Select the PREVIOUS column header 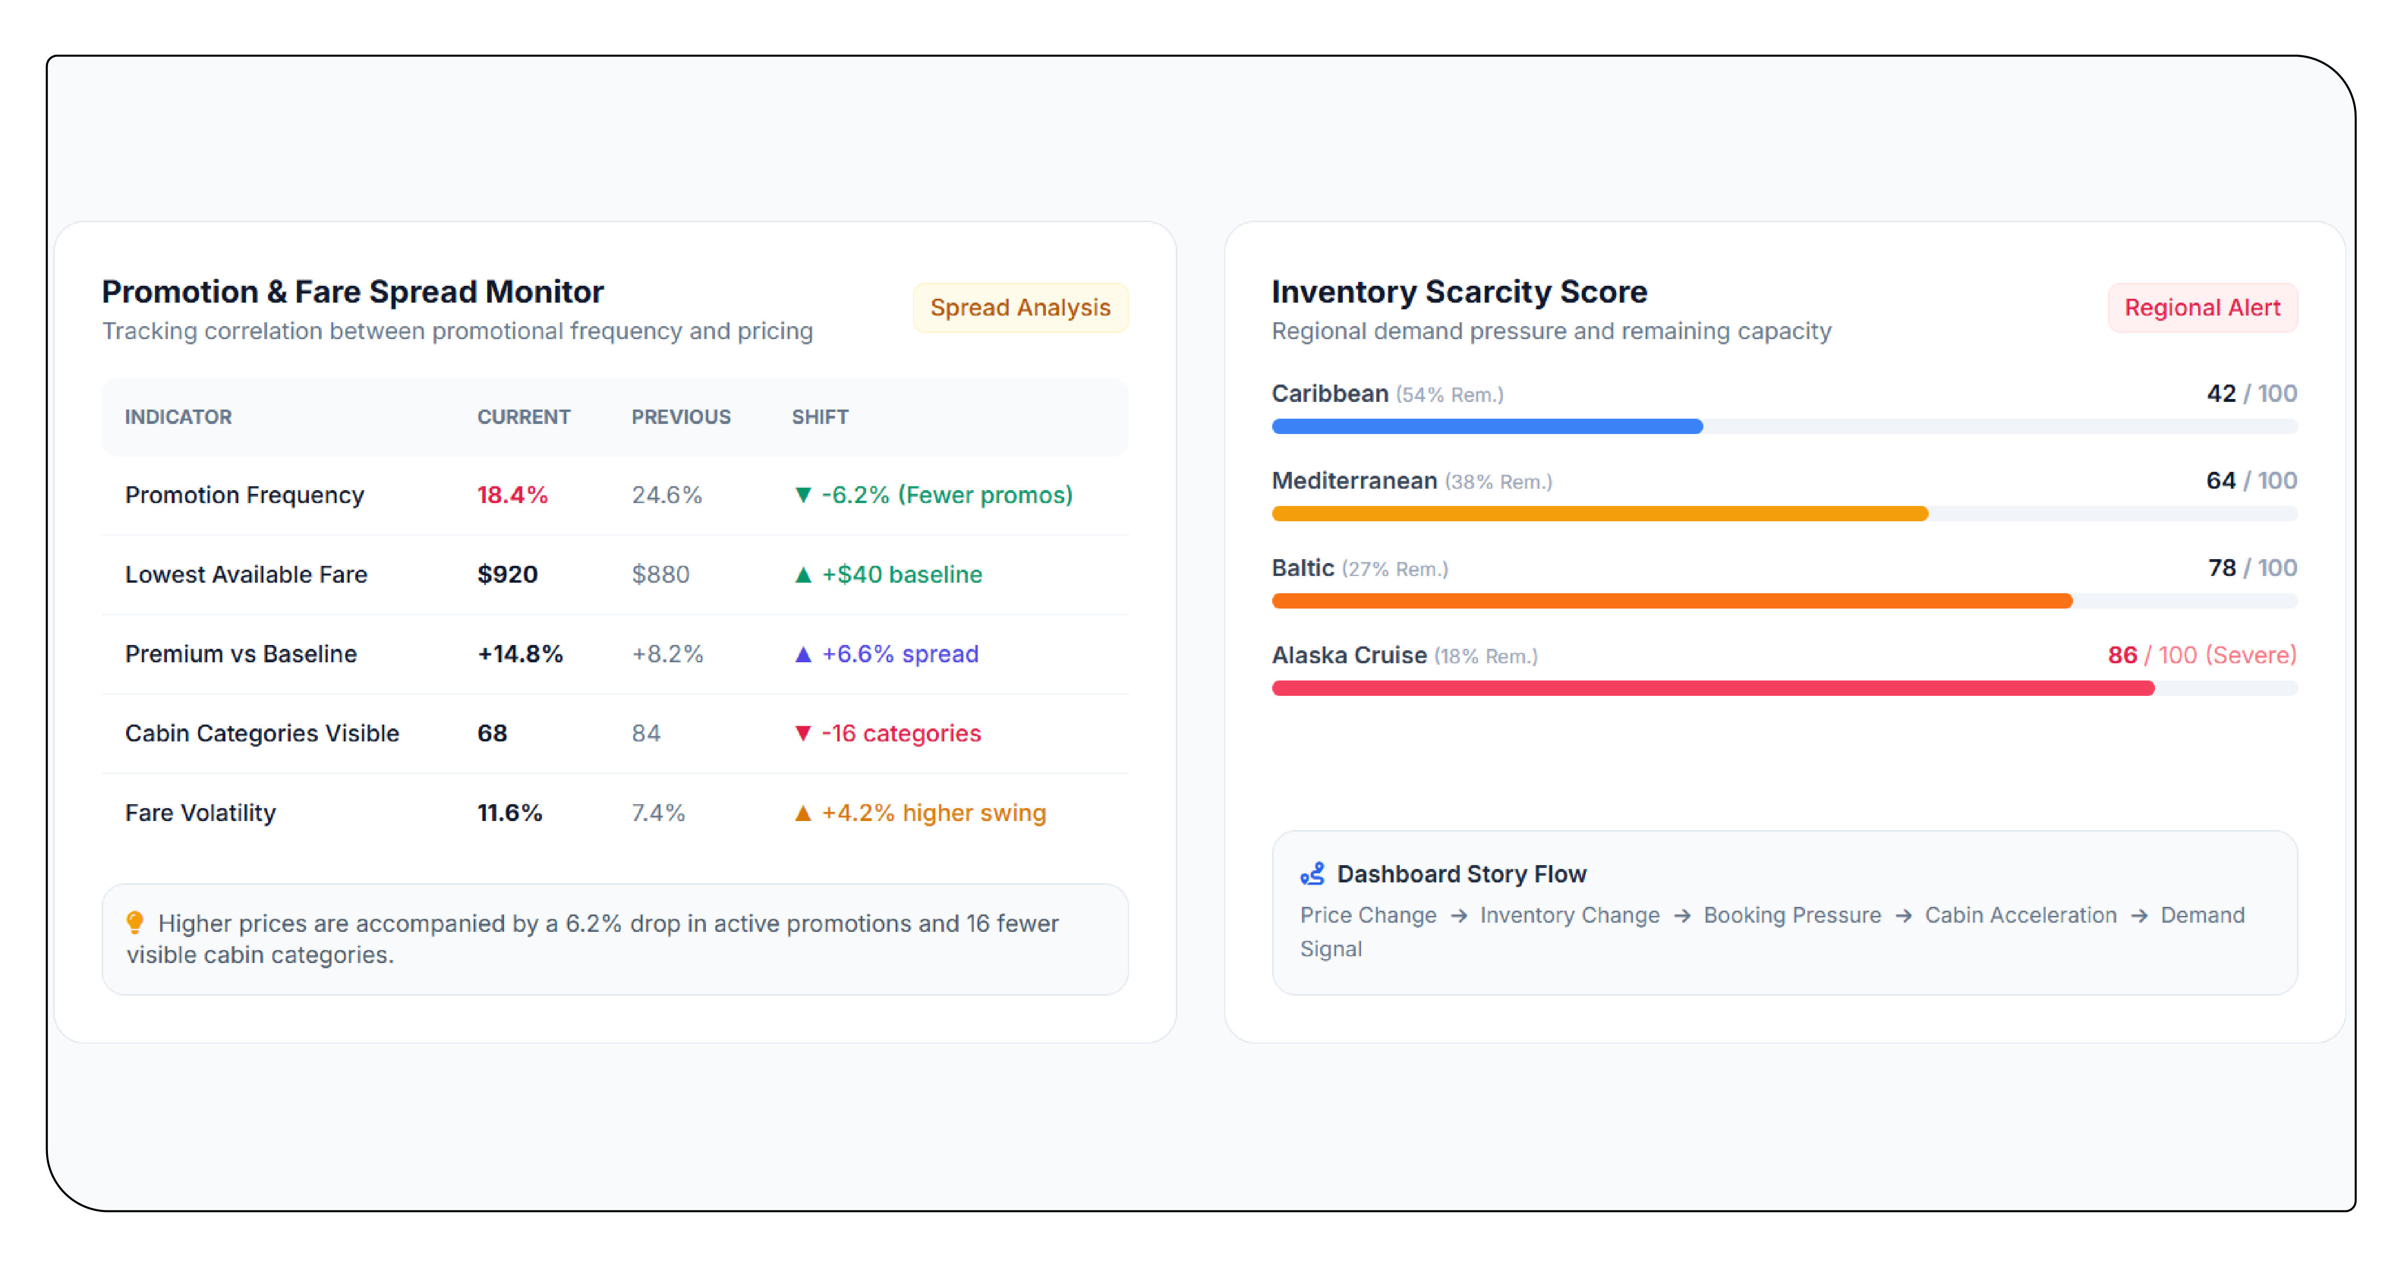pos(681,417)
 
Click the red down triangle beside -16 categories pos(802,733)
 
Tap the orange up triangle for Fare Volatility pos(802,813)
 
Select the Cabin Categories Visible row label pos(262,733)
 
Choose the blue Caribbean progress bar pos(1487,426)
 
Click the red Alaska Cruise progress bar pos(1713,689)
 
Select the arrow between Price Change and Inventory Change pos(1458,916)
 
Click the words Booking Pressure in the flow pos(1792,915)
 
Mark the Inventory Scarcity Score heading pos(1459,292)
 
